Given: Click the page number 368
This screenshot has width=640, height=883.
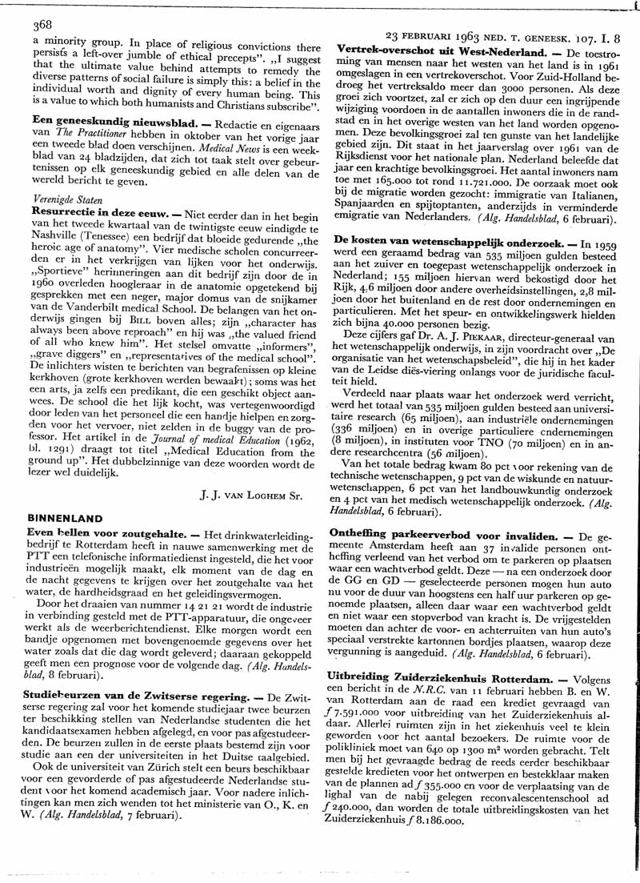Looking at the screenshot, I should [42, 25].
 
